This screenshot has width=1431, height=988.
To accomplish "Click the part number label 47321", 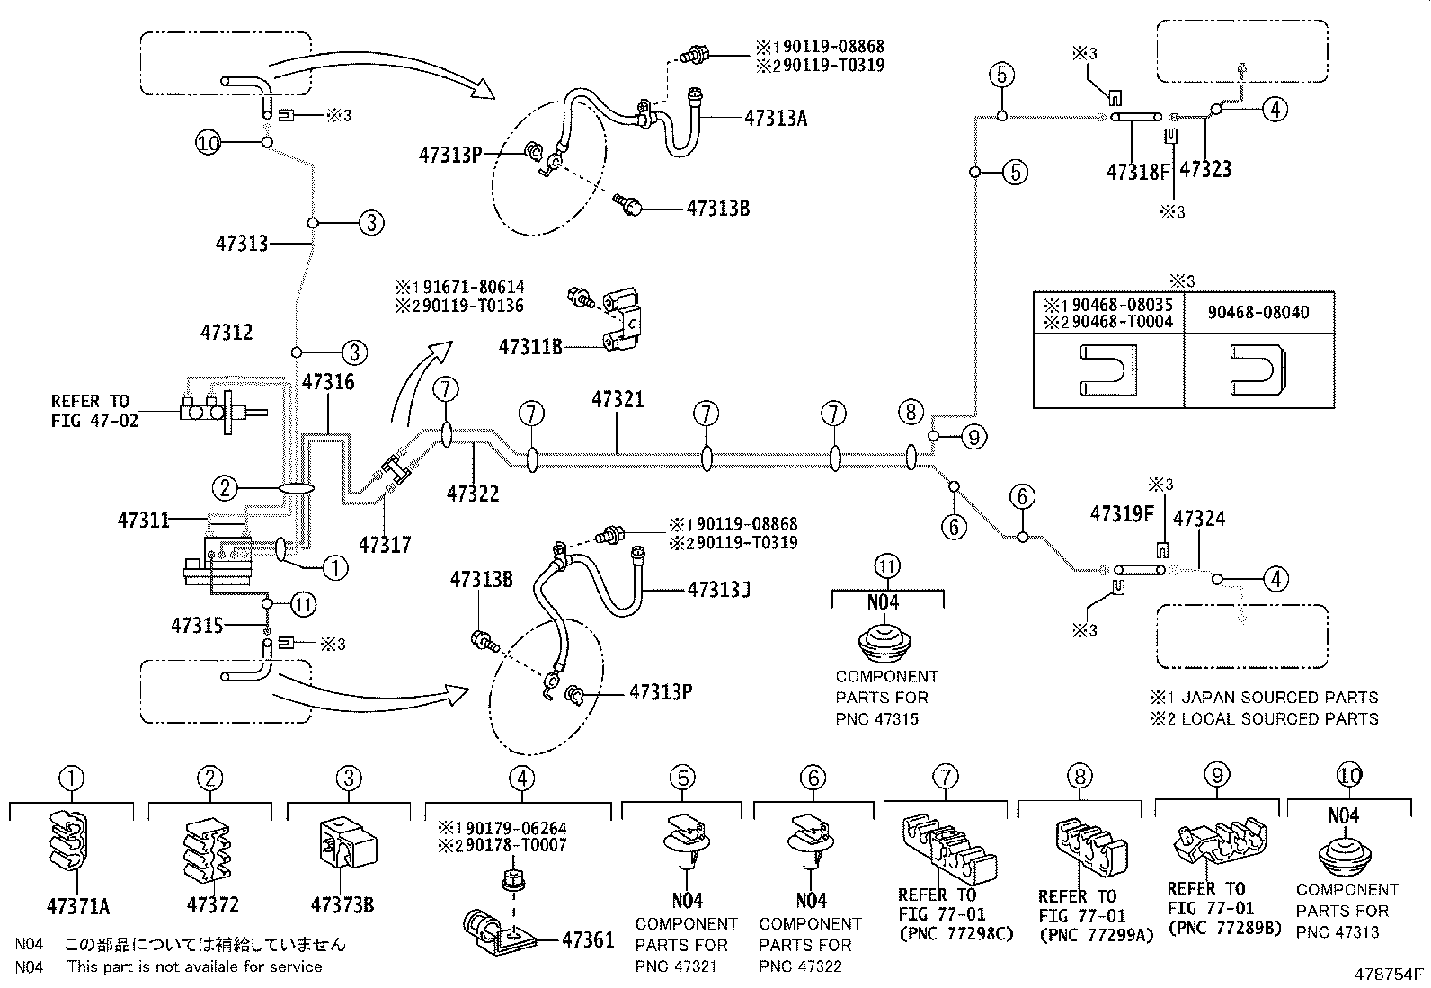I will pos(618,399).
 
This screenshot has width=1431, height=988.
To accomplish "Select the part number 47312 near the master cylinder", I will pos(226,333).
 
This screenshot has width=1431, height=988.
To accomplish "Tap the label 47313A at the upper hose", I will pos(776,117).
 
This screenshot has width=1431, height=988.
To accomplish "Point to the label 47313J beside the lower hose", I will pos(719,590).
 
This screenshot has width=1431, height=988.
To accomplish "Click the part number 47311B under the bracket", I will pos(530,346).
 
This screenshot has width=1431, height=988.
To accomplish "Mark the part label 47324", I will pos(1199,519).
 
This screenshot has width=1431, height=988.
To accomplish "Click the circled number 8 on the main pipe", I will pos(911,413).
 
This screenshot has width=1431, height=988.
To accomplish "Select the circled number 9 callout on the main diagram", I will pos(973,437).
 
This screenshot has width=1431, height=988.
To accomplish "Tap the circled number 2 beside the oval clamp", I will pos(225,488).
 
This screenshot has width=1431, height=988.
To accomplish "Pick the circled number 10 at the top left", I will pos(209,142).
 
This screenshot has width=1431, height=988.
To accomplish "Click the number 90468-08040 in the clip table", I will pos(1258,313).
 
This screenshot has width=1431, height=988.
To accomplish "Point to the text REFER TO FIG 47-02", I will pos(93,410).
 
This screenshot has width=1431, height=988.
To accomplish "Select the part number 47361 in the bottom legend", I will pos(588,940).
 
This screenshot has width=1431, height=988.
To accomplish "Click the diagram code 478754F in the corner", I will pos(1390,973).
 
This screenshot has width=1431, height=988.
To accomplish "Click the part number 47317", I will pos(385,544).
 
